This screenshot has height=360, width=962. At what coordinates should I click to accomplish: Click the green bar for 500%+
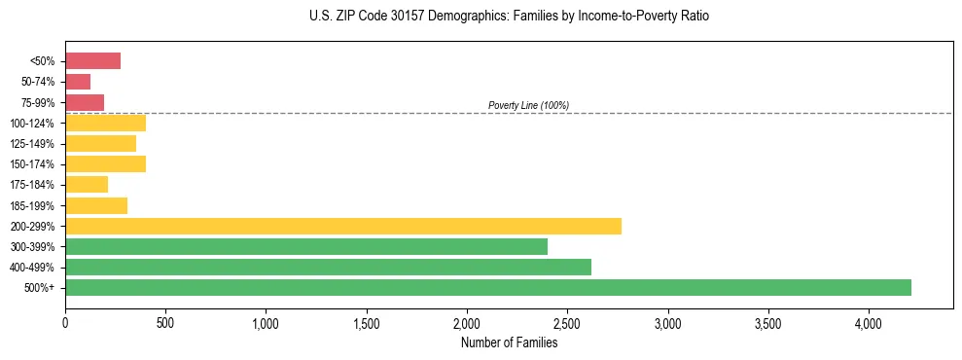488,287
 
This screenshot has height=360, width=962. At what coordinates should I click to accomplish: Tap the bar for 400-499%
328,267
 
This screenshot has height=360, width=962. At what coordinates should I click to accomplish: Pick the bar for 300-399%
306,246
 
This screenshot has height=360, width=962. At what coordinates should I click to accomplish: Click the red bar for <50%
92,61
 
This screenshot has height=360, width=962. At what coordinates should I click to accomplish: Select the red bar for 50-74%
78,82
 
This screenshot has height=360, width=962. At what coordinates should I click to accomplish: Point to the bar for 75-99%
85,102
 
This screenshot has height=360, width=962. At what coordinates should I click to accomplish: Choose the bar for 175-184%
87,184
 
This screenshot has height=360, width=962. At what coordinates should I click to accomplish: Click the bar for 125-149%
100,143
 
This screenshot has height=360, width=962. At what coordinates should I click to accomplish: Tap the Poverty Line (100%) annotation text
528,105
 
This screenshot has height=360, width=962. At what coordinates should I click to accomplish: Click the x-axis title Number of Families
509,342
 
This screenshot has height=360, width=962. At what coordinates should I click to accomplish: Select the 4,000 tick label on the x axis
869,322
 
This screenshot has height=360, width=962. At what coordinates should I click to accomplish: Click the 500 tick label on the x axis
165,322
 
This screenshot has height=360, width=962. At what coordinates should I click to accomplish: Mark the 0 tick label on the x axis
65,322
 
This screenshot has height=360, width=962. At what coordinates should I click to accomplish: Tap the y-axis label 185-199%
33,205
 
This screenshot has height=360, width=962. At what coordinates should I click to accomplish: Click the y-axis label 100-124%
33,124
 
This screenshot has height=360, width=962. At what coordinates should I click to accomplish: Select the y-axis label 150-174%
33,164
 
